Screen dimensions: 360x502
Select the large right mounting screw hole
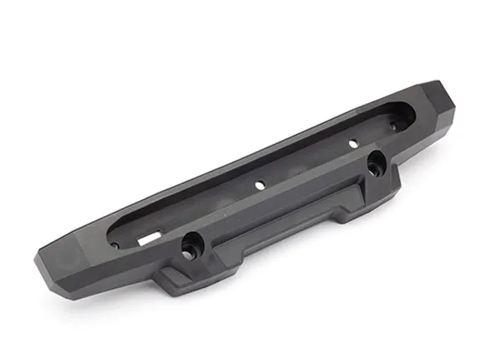coord(373,160)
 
